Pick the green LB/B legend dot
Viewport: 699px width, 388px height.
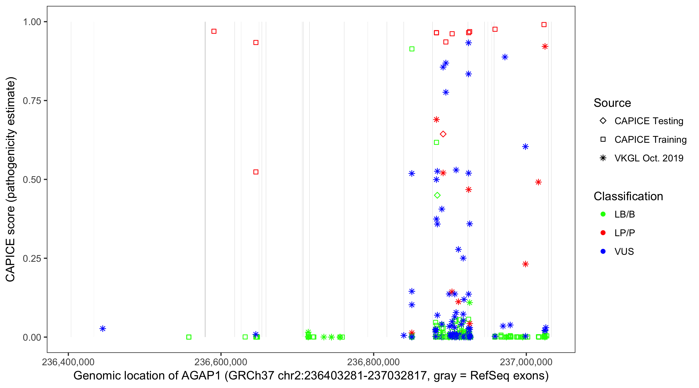pos(603,214)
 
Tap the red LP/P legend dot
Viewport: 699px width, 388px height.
pos(603,233)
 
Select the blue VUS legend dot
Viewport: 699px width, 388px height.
pos(603,252)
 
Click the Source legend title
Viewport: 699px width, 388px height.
pos(612,103)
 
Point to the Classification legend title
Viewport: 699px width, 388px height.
pos(628,196)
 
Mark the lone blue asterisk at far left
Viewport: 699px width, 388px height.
pos(103,329)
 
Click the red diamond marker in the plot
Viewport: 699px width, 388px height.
pos(443,134)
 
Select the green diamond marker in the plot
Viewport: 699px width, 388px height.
pos(437,195)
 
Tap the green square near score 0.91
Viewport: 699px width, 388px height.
pos(412,49)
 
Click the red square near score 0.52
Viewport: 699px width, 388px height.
pos(256,172)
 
